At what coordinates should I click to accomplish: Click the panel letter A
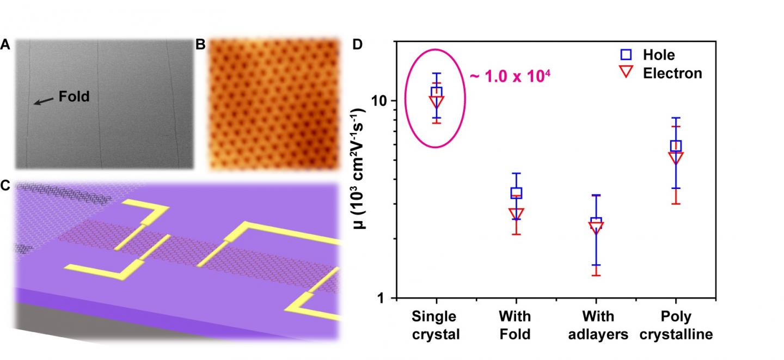pos(5,46)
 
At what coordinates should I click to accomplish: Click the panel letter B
pos(200,46)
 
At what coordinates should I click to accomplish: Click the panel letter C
pos(5,186)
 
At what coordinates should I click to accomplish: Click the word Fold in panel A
pos(74,97)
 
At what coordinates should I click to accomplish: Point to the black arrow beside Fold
pos(44,100)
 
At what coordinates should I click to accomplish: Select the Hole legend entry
pos(648,54)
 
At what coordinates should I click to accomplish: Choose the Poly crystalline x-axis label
pos(676,325)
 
